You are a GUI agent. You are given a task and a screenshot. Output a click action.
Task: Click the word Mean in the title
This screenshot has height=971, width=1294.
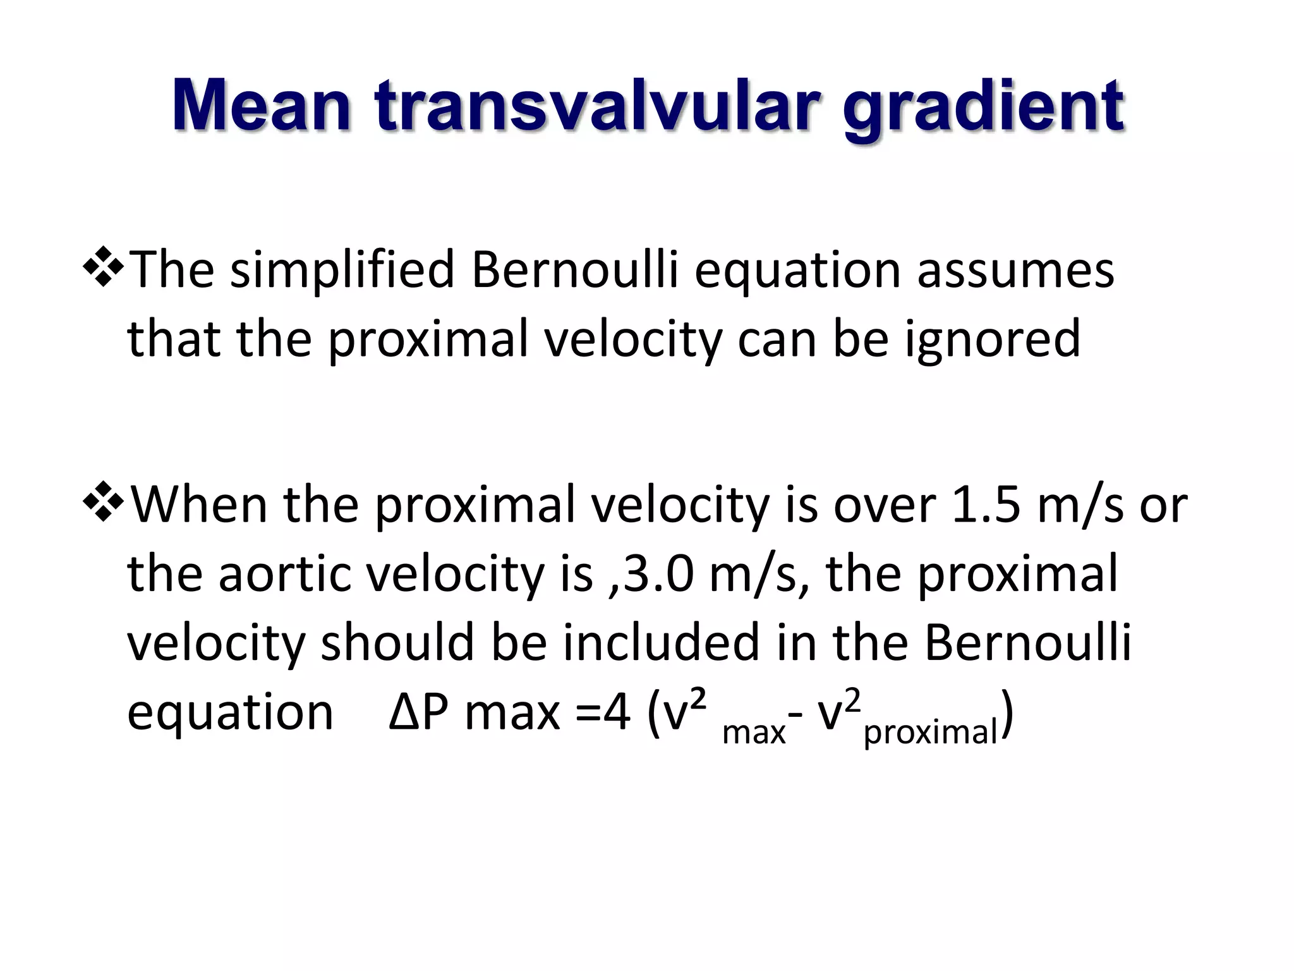point(261,106)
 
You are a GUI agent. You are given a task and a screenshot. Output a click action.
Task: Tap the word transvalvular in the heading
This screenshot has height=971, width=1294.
point(597,106)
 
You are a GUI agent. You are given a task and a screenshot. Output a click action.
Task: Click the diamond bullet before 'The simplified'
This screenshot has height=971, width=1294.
point(102,268)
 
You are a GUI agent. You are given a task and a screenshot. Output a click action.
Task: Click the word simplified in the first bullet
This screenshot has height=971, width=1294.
point(342,271)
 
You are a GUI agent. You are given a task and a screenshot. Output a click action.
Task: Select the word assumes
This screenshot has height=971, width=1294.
point(1015,271)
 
